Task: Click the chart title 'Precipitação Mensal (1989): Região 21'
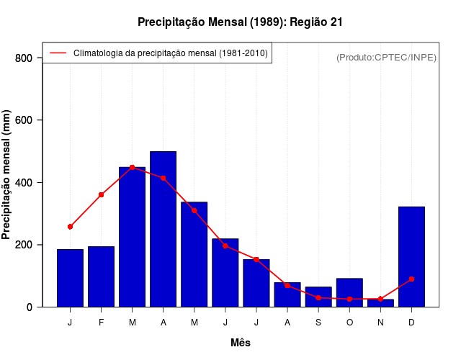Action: coord(240,22)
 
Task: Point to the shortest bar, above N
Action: coord(380,303)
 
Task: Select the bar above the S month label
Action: coord(318,297)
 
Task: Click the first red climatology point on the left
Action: coord(70,227)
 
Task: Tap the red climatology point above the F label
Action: coord(101,194)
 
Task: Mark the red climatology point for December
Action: coord(411,279)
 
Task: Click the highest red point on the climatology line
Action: coord(132,167)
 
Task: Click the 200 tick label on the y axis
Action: coord(25,245)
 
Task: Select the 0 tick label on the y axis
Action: coord(30,307)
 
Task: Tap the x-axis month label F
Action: coord(101,323)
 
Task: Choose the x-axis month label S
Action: coord(318,323)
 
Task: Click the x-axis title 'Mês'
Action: coord(241,343)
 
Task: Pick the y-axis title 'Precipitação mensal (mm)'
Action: coord(7,175)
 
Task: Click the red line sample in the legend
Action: coord(58,53)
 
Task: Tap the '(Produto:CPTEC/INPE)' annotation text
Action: coord(386,57)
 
